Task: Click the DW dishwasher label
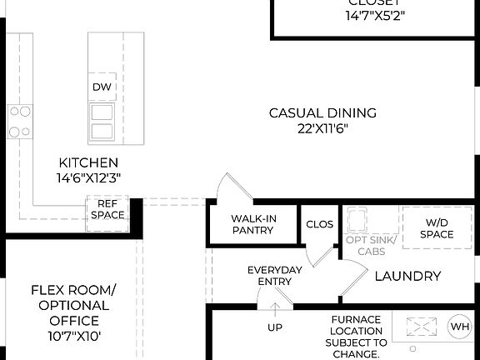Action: [x=102, y=87]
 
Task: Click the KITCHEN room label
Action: [x=88, y=162]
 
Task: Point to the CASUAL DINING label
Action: [x=322, y=112]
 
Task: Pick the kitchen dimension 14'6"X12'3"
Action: [x=88, y=177]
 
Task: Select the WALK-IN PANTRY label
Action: [x=253, y=224]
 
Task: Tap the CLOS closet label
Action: [x=319, y=224]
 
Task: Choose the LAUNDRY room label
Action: [x=407, y=276]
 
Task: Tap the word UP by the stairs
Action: [x=274, y=327]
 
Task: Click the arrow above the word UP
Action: [x=274, y=310]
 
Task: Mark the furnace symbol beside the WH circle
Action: [x=421, y=325]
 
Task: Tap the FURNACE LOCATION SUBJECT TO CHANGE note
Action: [x=356, y=337]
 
